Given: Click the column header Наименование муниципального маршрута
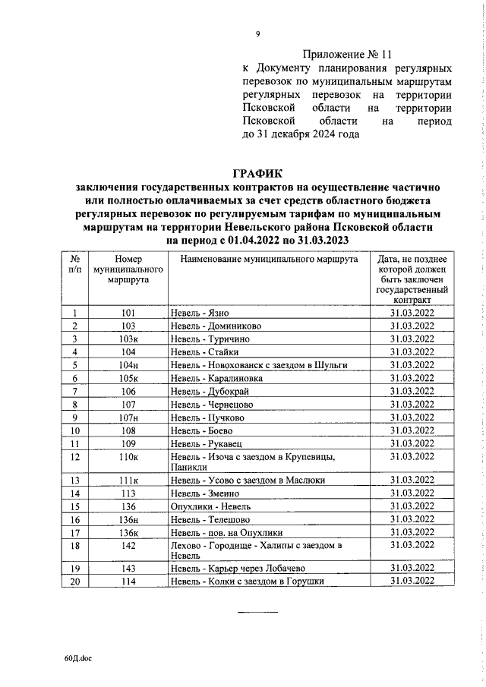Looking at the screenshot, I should coord(269,260).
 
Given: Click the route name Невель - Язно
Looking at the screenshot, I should coord(200,314).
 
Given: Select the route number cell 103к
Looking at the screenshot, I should coord(128,339).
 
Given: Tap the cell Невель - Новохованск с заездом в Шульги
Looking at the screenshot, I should coord(259,365).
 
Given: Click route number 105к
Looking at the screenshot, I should coord(128,378).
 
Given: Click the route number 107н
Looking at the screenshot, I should coord(128,417).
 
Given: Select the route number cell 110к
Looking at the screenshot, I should coord(128,456).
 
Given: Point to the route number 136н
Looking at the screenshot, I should coord(128,520).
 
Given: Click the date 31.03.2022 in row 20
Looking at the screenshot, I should coord(412,581).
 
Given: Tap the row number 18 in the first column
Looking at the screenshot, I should coord(74,546).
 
